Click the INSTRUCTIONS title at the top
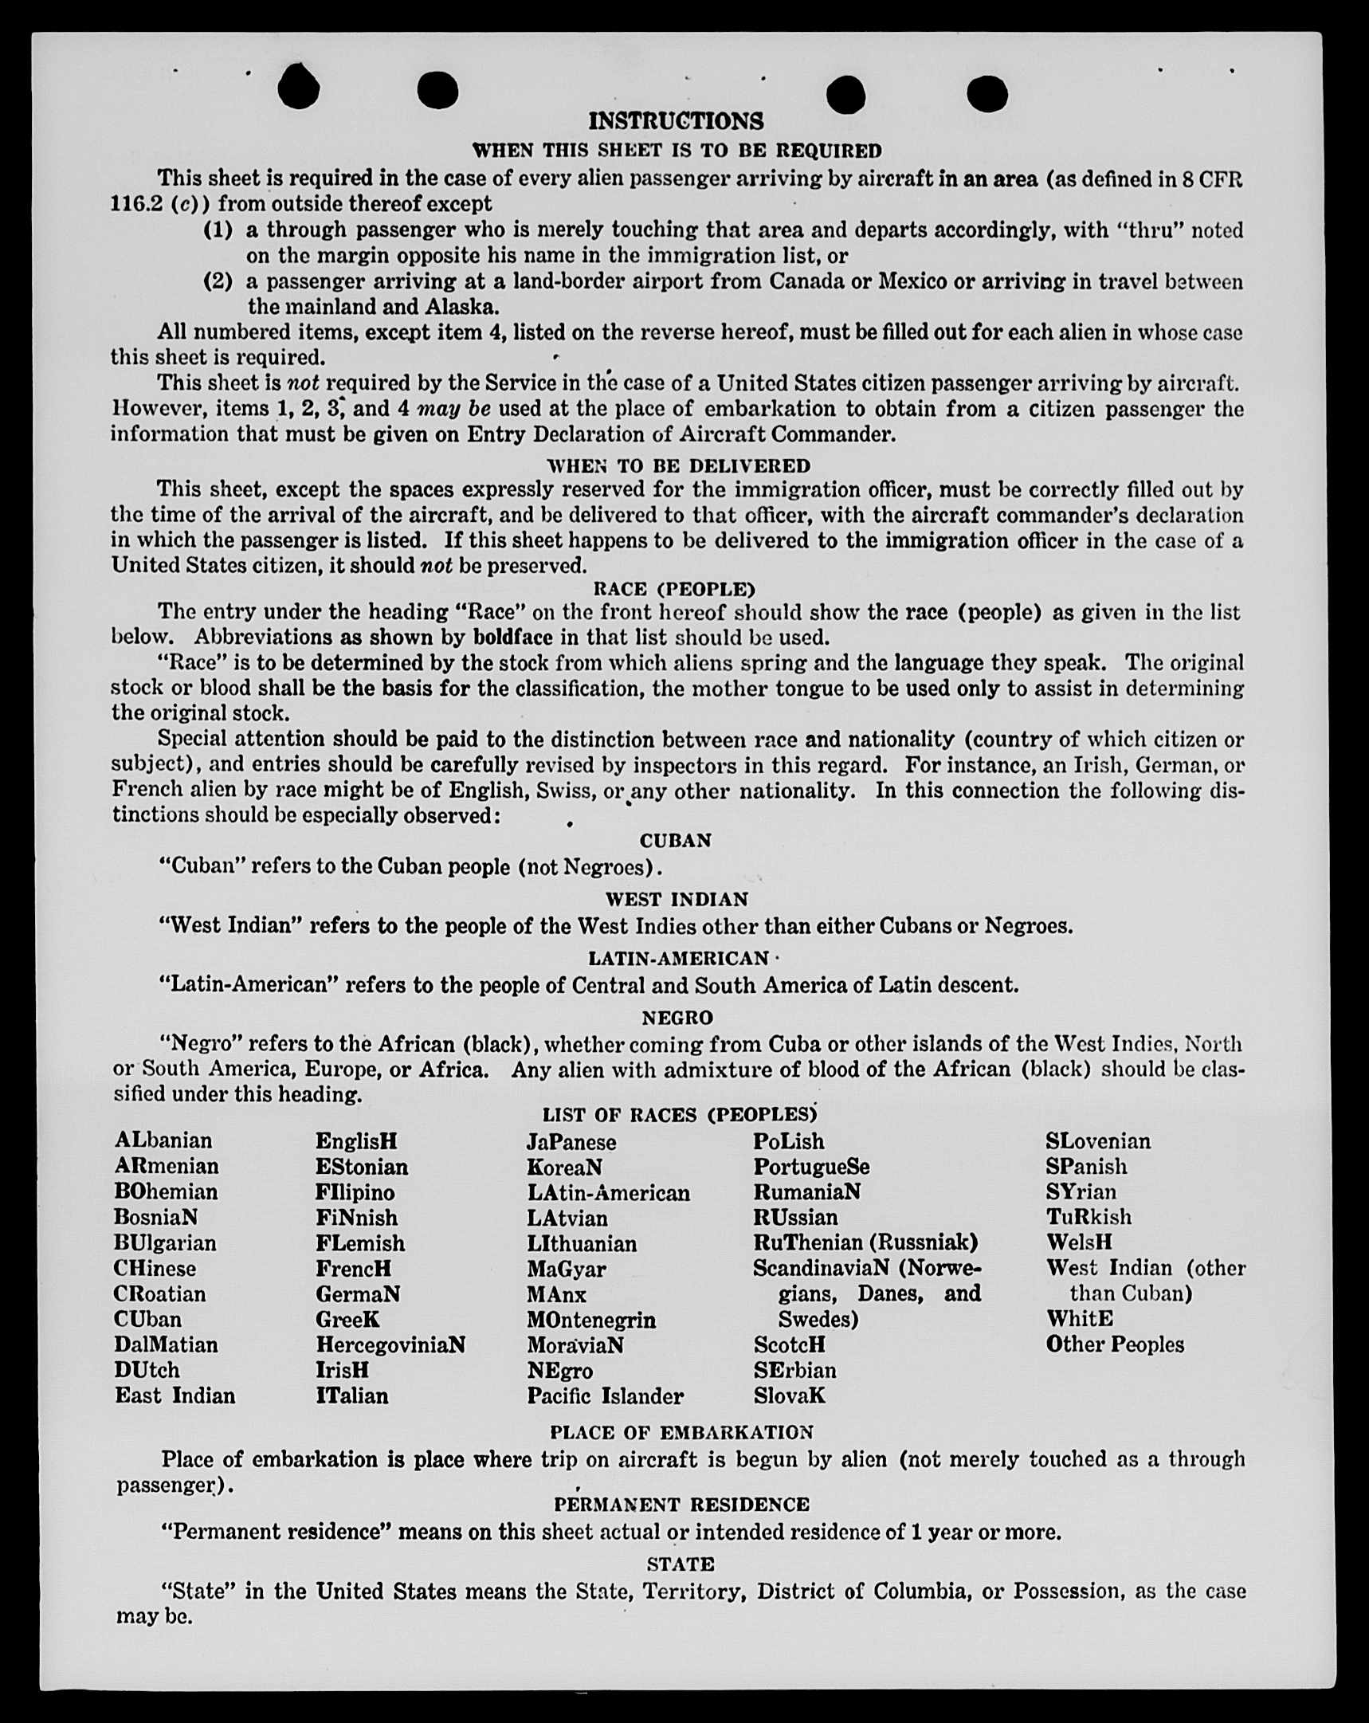tap(675, 120)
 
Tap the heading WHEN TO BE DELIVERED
tap(677, 465)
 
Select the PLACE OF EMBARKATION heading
tap(681, 1431)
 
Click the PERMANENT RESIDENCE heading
tap(681, 1504)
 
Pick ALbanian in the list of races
tap(163, 1140)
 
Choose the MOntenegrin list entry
tap(590, 1319)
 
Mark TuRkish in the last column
tap(1088, 1216)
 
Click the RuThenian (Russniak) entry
tap(865, 1242)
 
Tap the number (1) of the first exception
tap(218, 230)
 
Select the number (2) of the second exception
tap(218, 281)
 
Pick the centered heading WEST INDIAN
tap(676, 899)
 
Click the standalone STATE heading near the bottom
tap(680, 1563)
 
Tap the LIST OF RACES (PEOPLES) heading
tap(679, 1114)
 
